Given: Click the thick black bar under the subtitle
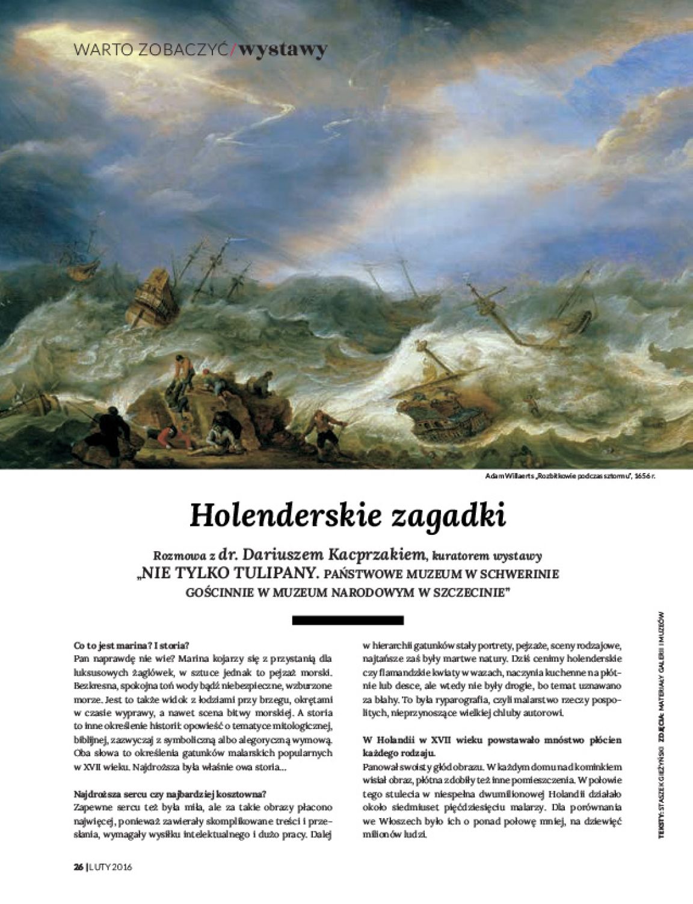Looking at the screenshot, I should (346, 620).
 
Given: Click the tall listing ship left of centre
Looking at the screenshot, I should (158, 295).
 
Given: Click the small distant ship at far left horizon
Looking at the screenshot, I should (80, 268).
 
